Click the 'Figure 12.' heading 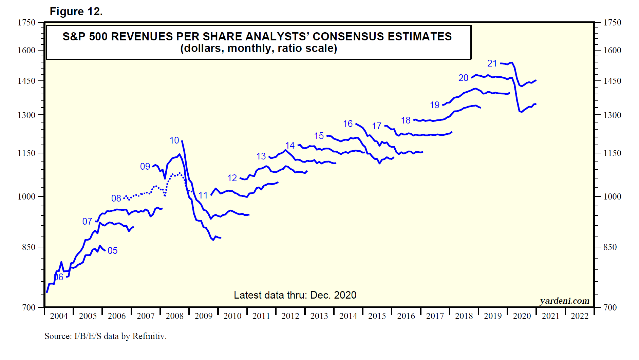(76, 12)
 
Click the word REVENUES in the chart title (143, 36)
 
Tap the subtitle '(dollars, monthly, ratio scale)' (259, 48)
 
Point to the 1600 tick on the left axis (26, 50)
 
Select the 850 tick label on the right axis (610, 247)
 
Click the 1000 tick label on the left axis (26, 196)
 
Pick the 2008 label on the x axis (174, 316)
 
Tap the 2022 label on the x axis (579, 316)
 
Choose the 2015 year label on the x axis (377, 316)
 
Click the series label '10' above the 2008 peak (174, 140)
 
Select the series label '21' (492, 63)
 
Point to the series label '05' (113, 250)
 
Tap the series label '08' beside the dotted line (116, 198)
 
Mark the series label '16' (348, 124)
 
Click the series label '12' (232, 178)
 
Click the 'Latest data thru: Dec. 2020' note (295, 295)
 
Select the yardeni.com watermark (564, 301)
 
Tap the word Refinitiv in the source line (149, 336)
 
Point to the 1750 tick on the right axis (612, 23)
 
